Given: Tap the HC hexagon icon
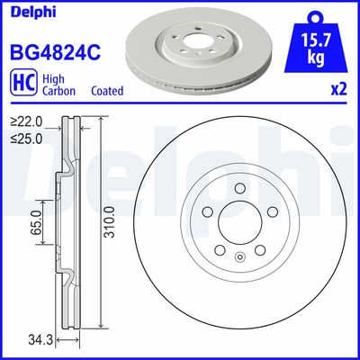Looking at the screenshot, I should [20, 85].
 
